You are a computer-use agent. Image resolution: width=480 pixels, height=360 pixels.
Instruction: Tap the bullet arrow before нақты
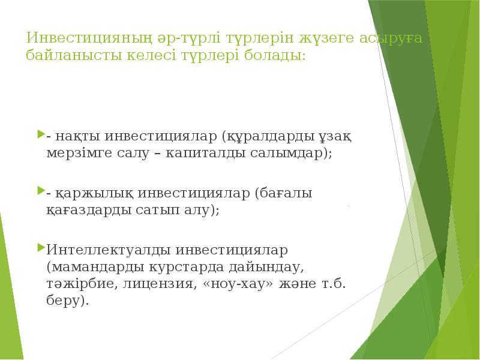[x=41, y=134]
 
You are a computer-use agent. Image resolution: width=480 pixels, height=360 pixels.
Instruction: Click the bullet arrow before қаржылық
[x=41, y=192]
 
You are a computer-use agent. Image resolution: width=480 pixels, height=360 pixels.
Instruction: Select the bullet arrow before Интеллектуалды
[x=41, y=247]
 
